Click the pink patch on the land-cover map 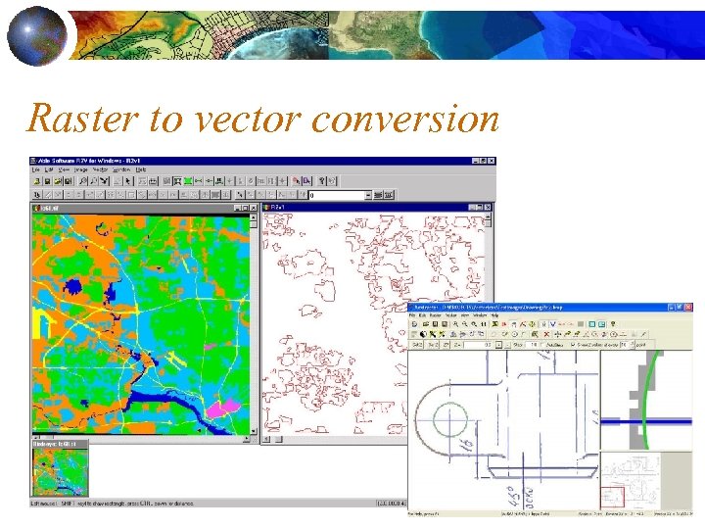click(x=227, y=404)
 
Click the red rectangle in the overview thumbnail click(x=613, y=498)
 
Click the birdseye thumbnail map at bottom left click(x=60, y=472)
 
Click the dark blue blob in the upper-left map click(x=71, y=287)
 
